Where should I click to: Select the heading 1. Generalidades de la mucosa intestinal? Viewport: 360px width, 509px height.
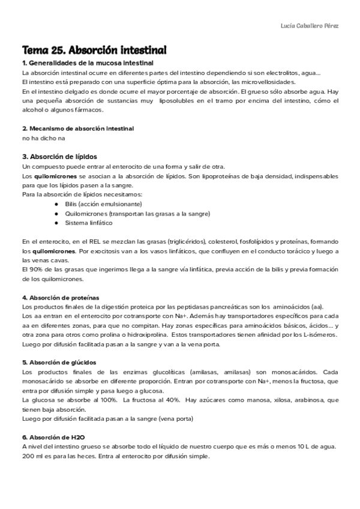[88, 63]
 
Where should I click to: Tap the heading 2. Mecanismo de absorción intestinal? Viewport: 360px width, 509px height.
[77, 128]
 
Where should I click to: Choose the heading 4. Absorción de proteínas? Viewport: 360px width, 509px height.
[60, 297]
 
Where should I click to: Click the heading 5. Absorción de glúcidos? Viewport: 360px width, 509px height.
[58, 363]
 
